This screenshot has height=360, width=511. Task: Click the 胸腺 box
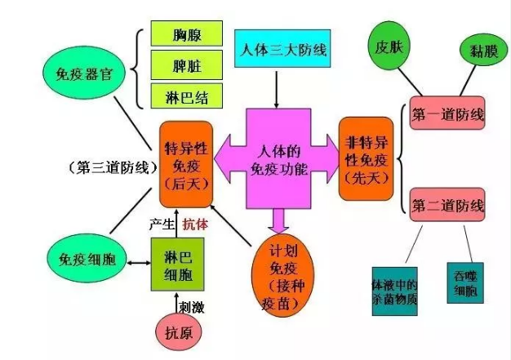187,33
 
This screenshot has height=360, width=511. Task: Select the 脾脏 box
187,64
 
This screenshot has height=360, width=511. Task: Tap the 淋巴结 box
187,96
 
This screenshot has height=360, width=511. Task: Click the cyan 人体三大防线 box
282,48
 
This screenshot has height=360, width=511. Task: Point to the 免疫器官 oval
84,73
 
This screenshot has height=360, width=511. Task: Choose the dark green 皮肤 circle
389,46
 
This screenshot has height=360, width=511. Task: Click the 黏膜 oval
483,51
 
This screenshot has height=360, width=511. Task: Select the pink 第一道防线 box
447,113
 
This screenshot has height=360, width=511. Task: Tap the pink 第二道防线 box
447,205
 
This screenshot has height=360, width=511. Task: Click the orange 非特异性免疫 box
366,158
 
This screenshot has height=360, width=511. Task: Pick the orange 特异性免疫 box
186,164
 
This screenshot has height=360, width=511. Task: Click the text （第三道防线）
113,168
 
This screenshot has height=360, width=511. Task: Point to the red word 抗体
195,224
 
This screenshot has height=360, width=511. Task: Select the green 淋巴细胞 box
178,264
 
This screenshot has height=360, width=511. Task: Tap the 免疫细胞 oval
87,259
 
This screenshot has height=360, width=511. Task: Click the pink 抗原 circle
179,332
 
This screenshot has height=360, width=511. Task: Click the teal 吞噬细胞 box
465,282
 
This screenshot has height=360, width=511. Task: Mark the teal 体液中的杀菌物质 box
394,291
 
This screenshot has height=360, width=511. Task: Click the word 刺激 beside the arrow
192,307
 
